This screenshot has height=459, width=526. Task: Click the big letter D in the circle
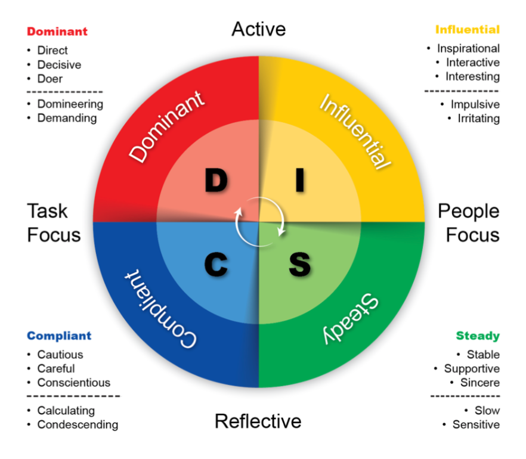pos(216,181)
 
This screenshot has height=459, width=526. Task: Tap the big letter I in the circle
pos(300,181)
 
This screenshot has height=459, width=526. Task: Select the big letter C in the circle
pos(216,264)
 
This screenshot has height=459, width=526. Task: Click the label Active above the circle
pos(258,29)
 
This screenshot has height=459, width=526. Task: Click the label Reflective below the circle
pos(258,421)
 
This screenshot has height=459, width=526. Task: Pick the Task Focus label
pos(54,222)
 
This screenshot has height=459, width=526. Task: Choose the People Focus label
pos(468,222)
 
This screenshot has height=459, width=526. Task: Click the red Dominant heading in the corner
pos(57,32)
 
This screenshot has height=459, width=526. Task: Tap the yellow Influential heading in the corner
pos(467,29)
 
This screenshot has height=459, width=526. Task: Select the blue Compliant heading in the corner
pos(59,336)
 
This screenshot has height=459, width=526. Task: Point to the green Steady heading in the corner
pos(478,336)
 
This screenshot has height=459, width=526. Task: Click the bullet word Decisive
pos(59,64)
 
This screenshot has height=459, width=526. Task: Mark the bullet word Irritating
pos(478,119)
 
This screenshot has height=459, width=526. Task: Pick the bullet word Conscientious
pos(73,383)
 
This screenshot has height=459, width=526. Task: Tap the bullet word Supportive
pos(472,369)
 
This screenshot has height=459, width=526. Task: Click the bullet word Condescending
pos(78,425)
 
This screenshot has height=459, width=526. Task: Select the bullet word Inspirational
pos(468,48)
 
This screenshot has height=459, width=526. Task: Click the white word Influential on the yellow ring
pos(356,131)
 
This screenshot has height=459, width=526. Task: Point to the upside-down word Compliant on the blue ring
pos(162,311)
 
